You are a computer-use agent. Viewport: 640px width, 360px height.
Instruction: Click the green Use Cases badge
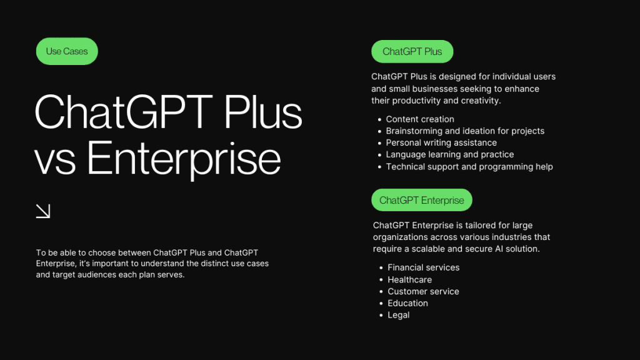(67, 51)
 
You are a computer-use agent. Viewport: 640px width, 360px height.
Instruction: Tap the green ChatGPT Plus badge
(412, 51)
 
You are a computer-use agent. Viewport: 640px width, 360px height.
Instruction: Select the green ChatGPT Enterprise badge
(422, 200)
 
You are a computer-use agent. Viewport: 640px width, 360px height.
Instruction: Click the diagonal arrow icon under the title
(43, 211)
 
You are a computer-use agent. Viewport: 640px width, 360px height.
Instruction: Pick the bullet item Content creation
(420, 119)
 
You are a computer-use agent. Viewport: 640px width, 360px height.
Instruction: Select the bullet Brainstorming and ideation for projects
(465, 131)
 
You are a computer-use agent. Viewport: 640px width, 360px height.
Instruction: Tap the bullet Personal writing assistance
(441, 142)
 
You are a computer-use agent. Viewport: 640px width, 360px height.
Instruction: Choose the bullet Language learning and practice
(450, 154)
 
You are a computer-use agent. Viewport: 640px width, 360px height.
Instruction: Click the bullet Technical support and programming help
(469, 166)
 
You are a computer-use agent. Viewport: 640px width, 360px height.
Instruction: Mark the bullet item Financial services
(423, 267)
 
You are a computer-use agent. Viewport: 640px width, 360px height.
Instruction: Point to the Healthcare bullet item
(409, 279)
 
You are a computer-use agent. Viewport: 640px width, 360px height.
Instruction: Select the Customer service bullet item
(423, 291)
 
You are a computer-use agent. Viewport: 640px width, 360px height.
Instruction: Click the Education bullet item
(407, 303)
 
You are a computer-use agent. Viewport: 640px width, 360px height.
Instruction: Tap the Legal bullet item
(398, 315)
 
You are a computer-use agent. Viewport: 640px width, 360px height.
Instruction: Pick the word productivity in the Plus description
(416, 101)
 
